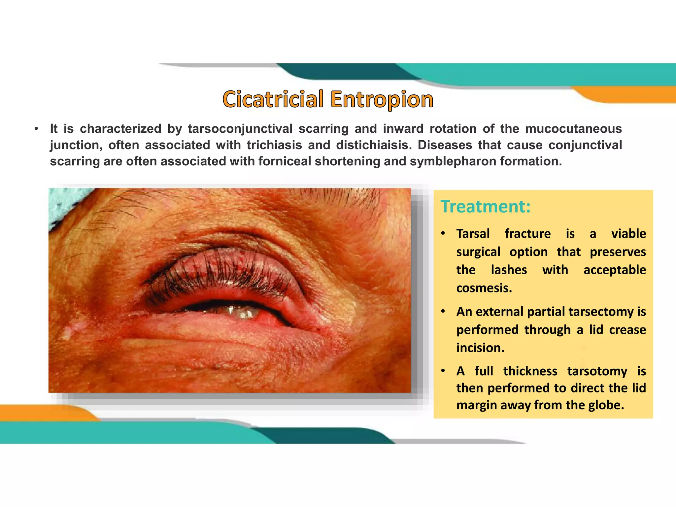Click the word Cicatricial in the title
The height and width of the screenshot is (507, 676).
tap(273, 99)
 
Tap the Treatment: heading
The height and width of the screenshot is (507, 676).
tap(485, 207)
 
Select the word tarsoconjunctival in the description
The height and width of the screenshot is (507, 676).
tap(240, 129)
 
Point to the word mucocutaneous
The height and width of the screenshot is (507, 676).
tap(573, 129)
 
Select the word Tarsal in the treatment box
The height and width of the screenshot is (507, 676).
tap(473, 234)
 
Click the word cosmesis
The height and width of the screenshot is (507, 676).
tap(484, 288)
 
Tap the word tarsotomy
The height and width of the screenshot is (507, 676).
tap(597, 371)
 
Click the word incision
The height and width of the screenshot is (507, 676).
tap(480, 348)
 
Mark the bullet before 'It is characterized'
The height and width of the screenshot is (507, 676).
tap(36, 129)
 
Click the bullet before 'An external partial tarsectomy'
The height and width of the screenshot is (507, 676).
tap(443, 312)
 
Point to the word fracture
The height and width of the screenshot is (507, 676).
tap(527, 234)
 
